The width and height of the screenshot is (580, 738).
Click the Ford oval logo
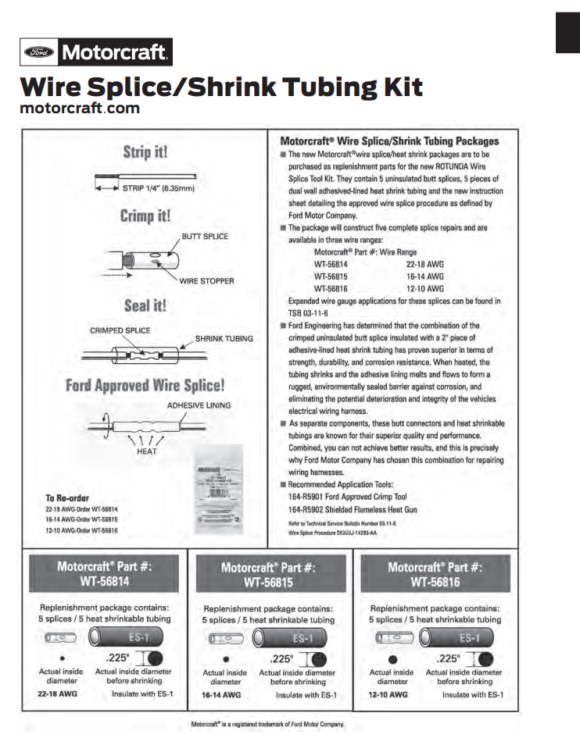[39, 53]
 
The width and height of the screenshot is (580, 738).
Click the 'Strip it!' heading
[144, 152]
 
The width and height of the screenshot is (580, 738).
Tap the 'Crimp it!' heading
[145, 216]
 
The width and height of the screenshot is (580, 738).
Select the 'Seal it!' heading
[145, 305]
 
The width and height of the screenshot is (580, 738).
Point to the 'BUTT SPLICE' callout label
[205, 236]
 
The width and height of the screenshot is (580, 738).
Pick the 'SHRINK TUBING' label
[224, 338]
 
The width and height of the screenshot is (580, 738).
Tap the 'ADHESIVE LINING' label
[198, 405]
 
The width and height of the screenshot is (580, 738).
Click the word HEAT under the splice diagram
[147, 451]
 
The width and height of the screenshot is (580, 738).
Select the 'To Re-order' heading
[68, 497]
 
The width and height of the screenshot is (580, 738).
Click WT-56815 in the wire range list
[331, 276]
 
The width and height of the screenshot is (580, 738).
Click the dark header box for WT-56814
[104, 574]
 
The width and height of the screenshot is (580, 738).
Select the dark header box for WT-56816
[434, 574]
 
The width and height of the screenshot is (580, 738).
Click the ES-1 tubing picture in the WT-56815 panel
[296, 637]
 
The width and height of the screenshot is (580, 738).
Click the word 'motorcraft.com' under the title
[80, 109]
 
